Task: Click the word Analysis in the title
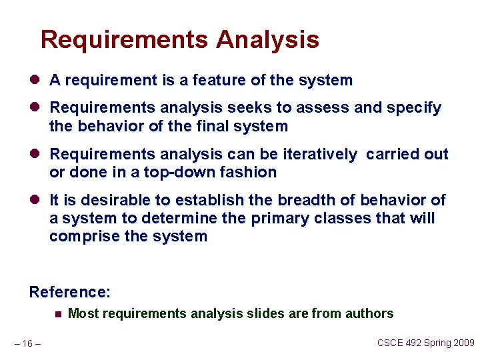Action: (267, 40)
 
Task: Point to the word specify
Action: (411, 108)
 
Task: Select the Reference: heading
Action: (70, 292)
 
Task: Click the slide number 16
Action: (27, 343)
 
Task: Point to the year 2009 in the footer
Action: (463, 343)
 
